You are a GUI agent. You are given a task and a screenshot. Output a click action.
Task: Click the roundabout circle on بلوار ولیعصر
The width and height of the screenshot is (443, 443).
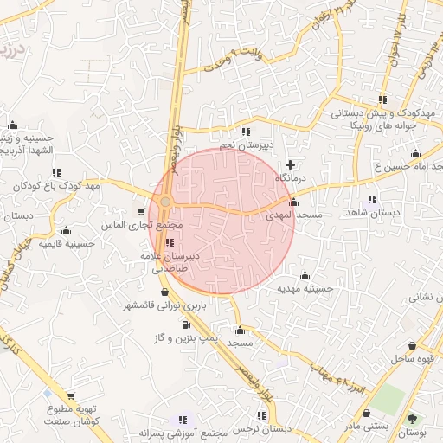point(165,202)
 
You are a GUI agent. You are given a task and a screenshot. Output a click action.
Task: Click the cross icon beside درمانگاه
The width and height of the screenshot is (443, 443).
point(290,164)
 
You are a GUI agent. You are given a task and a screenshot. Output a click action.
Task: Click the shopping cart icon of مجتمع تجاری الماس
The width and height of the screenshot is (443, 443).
point(141,212)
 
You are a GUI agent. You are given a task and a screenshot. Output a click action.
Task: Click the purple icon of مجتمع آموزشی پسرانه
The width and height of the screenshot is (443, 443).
point(182,419)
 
